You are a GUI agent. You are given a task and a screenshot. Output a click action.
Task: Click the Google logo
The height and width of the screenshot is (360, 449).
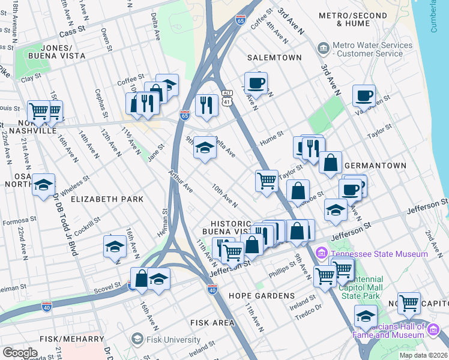pyautogui.click(x=20, y=352)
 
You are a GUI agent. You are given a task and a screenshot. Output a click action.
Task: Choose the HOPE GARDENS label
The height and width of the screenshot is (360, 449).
pyautogui.click(x=261, y=296)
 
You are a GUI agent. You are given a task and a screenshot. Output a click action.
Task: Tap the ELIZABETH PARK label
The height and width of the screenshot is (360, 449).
pyautogui.click(x=107, y=199)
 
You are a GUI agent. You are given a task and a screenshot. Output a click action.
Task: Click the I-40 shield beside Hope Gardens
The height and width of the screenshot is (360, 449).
pyautogui.click(x=212, y=290)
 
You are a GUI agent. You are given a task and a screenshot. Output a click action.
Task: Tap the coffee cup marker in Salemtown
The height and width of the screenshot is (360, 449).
pyautogui.click(x=256, y=83)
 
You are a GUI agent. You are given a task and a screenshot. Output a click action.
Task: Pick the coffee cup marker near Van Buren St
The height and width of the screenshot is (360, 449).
pyautogui.click(x=363, y=95)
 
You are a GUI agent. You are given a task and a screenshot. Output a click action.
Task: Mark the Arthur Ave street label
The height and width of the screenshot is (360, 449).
pyautogui.click(x=181, y=181)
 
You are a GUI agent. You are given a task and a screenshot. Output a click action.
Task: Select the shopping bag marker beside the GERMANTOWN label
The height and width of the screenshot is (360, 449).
pyautogui.click(x=330, y=162)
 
